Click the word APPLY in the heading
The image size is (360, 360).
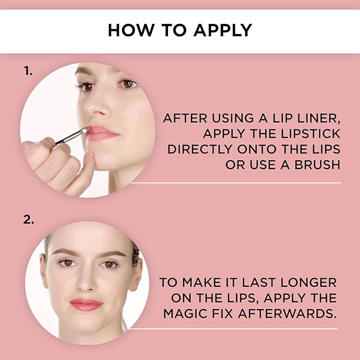point(223,30)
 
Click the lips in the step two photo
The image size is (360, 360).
point(86,304)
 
